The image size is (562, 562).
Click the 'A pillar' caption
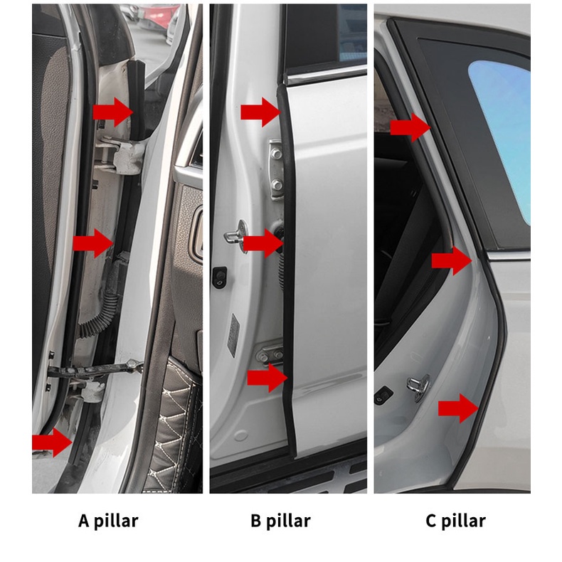coord(108,521)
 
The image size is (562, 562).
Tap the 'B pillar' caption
coord(280,521)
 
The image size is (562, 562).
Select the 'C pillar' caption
coord(456,521)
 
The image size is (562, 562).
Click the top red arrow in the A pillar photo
coord(113,112)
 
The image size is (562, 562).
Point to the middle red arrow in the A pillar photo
coord(93,243)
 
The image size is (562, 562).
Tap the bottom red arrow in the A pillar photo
coord(53,442)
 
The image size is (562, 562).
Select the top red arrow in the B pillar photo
coord(260,112)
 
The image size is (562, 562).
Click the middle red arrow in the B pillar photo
coord(263,243)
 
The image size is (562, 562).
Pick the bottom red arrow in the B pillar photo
coord(267,378)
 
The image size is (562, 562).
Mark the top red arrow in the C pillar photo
coord(410,127)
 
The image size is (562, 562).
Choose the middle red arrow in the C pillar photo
coord(452,261)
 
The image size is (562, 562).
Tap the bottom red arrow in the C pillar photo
coord(458,408)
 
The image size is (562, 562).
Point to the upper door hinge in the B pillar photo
coord(276,169)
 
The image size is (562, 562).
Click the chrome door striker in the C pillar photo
coord(418,387)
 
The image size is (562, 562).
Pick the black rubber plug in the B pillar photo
coord(219,277)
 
